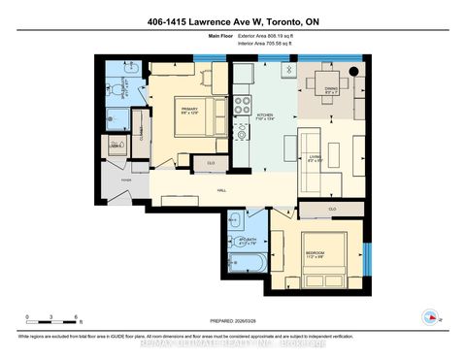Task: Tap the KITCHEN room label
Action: coord(264,115)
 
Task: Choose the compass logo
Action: coord(428,316)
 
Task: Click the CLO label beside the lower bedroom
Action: coord(333,209)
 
